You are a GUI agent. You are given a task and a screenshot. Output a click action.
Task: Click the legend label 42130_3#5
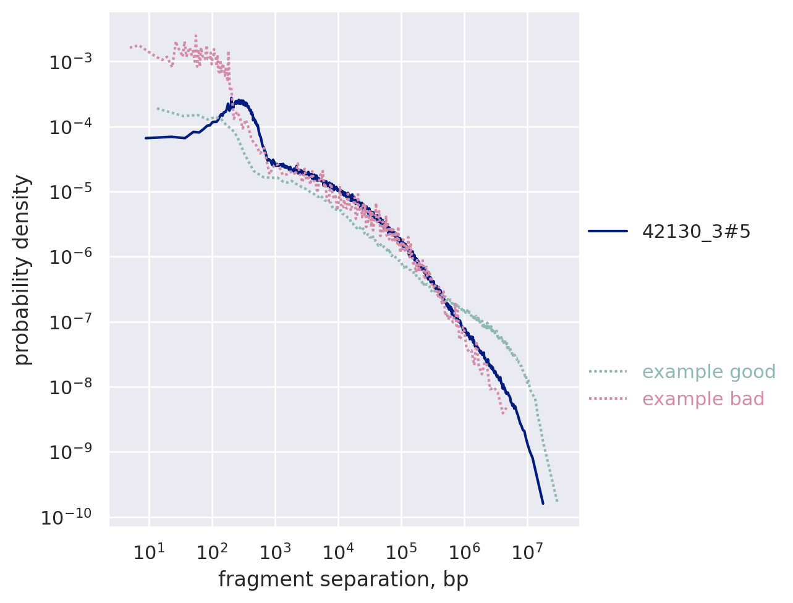click(696, 231)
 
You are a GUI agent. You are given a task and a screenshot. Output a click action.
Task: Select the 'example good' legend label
click(708, 372)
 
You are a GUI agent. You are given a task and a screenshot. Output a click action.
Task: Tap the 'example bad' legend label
click(703, 399)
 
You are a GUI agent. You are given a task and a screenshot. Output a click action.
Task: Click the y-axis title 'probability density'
click(22, 270)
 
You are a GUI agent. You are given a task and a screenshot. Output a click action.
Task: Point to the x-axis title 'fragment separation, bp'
click(343, 580)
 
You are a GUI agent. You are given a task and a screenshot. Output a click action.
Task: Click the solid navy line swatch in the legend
click(608, 231)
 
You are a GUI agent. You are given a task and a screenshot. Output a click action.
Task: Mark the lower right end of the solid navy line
click(543, 504)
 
